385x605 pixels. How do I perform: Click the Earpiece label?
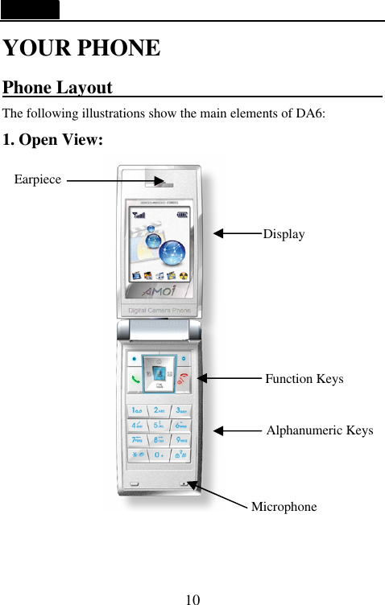(38, 179)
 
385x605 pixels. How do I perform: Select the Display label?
(284, 234)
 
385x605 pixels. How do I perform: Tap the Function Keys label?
(304, 379)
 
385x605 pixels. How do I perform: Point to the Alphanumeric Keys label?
(319, 430)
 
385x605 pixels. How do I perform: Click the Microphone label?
(284, 507)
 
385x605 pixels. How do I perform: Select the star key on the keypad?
(138, 455)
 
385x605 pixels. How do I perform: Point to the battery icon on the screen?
(182, 214)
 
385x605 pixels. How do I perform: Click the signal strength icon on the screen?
(139, 214)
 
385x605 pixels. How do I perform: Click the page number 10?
(192, 599)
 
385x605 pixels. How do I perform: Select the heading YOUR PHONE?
(81, 47)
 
